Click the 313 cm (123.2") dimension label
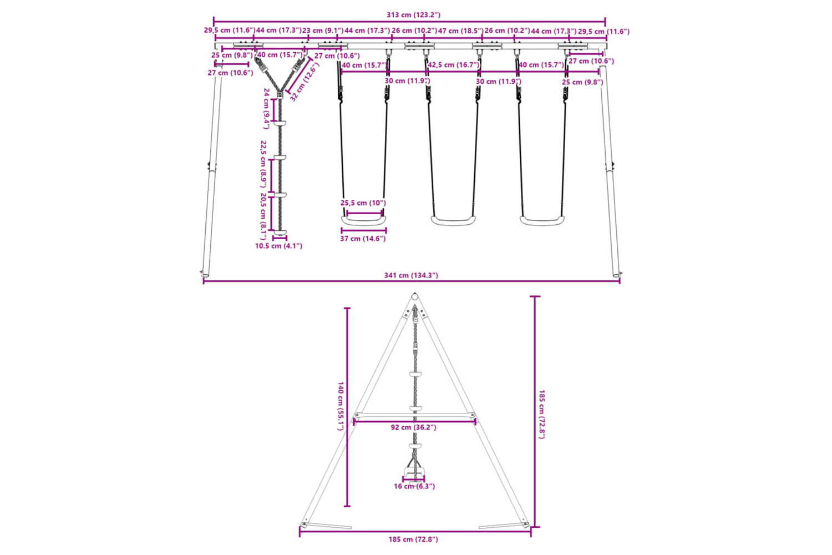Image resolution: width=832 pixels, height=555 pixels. click(x=413, y=15)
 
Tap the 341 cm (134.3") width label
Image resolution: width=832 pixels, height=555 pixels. click(x=411, y=275)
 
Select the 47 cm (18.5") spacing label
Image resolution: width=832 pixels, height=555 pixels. click(x=460, y=31)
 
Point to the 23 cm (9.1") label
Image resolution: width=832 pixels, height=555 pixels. click(x=323, y=31)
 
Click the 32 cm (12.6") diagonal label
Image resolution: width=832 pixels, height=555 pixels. click(x=305, y=82)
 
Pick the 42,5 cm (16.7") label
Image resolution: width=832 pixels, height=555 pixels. click(x=454, y=65)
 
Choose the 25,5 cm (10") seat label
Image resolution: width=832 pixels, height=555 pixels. click(x=363, y=203)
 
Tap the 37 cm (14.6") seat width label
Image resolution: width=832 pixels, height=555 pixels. click(x=363, y=239)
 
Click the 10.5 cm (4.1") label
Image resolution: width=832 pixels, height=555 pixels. click(x=278, y=246)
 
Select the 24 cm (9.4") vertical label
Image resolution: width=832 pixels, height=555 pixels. click(x=266, y=109)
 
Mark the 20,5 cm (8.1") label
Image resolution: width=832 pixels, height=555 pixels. click(x=263, y=216)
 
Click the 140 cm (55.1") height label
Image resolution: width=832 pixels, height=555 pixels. click(x=340, y=406)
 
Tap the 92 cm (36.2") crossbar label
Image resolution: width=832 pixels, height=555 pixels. click(x=413, y=427)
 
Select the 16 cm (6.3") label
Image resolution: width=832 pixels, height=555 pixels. click(x=414, y=486)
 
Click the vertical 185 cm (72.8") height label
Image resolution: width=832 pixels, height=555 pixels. click(x=541, y=415)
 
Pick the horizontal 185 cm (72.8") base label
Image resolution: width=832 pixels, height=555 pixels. click(x=413, y=539)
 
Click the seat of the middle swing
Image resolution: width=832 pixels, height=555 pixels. click(x=453, y=221)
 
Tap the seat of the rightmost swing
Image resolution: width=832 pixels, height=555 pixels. click(x=542, y=221)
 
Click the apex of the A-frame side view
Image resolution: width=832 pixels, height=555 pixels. click(x=415, y=294)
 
